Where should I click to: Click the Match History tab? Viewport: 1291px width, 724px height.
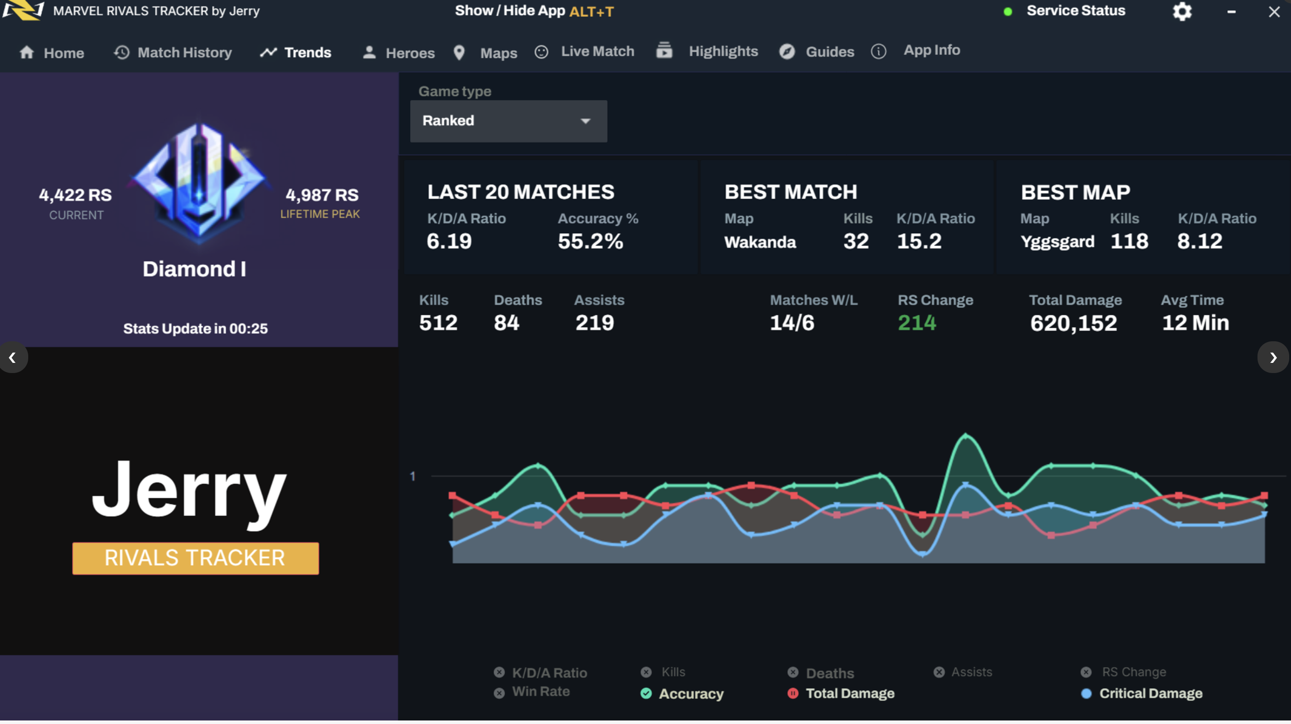coord(173,52)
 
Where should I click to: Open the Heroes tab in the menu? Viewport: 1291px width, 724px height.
coord(399,52)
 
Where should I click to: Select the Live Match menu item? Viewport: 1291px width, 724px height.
coord(585,52)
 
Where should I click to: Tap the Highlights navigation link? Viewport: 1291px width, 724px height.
coord(707,51)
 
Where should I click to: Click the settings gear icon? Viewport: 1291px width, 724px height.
coord(1182,11)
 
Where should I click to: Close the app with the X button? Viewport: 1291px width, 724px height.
coord(1273,11)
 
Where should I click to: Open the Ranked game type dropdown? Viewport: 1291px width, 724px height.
coord(508,121)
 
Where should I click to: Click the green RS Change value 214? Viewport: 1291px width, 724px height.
coord(917,323)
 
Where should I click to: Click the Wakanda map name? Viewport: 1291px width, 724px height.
coord(760,243)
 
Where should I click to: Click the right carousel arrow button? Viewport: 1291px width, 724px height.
coord(1272,358)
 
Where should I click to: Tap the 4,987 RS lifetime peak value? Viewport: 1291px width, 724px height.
coord(322,195)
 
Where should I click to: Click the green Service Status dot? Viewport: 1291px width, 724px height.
coord(1008,11)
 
